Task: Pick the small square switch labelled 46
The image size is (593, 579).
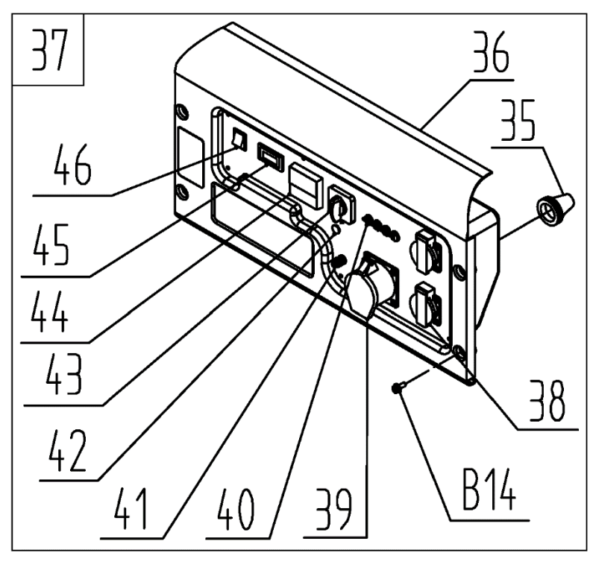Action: (239, 139)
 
